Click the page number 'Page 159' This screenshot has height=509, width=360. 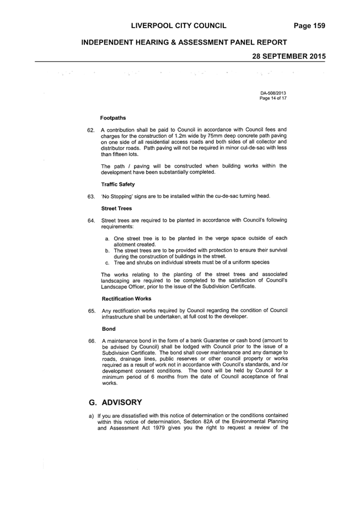pyautogui.click(x=309, y=26)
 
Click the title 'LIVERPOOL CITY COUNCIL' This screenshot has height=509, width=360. pyautogui.click(x=179, y=26)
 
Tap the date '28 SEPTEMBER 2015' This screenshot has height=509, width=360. pyautogui.click(x=289, y=56)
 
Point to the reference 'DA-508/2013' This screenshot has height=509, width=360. pyautogui.click(x=273, y=93)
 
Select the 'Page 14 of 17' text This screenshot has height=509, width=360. pyautogui.click(x=273, y=98)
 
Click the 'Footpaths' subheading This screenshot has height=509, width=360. pyautogui.click(x=113, y=118)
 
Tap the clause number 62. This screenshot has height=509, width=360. pyautogui.click(x=91, y=130)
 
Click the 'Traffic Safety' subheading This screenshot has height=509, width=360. pyautogui.click(x=118, y=184)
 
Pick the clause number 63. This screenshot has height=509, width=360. pyautogui.click(x=91, y=197)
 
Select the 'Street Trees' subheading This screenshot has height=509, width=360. pyautogui.click(x=116, y=208)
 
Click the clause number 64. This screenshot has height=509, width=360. pyautogui.click(x=92, y=221)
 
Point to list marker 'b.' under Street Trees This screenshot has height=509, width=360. pyautogui.click(x=108, y=250)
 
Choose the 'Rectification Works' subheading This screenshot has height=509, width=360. pyautogui.click(x=127, y=299)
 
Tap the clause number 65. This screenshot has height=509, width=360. pyautogui.click(x=92, y=311)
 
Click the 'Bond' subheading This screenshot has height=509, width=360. pyautogui.click(x=109, y=329)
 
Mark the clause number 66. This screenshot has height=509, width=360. pyautogui.click(x=92, y=341)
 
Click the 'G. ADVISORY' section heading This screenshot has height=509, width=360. pyautogui.click(x=116, y=403)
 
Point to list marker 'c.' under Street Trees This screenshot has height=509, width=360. pyautogui.click(x=108, y=262)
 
